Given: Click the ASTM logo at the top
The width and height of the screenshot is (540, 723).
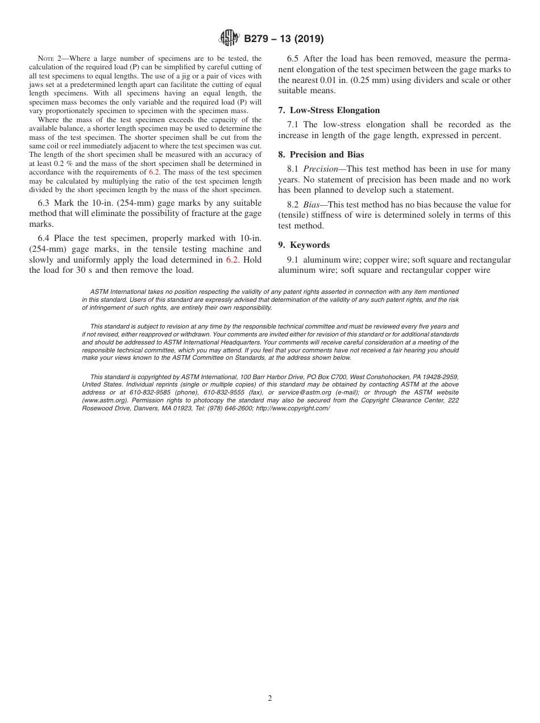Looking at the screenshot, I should coord(229,39).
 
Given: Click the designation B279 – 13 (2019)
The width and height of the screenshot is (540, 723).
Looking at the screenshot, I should coord(284,39).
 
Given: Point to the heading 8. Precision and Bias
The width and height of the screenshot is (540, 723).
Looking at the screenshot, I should coord(321,155).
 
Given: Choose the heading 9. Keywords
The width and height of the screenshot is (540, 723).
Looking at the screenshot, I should coord(304,245).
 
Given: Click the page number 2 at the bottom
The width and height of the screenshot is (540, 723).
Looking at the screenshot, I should coord(270,699).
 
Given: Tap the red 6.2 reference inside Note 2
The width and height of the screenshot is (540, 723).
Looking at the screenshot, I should coord(154,172).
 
